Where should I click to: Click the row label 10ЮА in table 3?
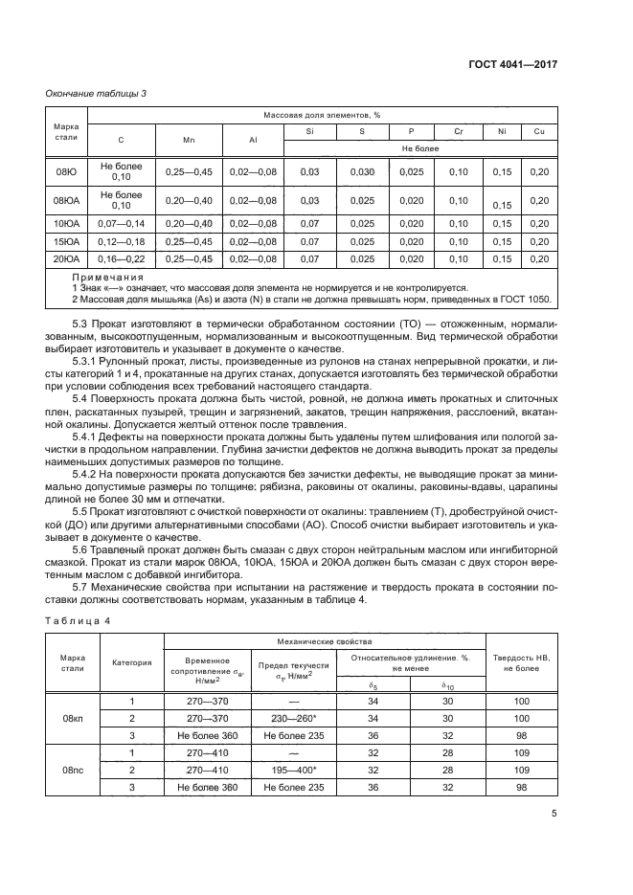(x=66, y=223)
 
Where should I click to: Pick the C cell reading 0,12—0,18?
(x=121, y=241)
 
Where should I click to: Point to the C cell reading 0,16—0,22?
(x=121, y=258)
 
